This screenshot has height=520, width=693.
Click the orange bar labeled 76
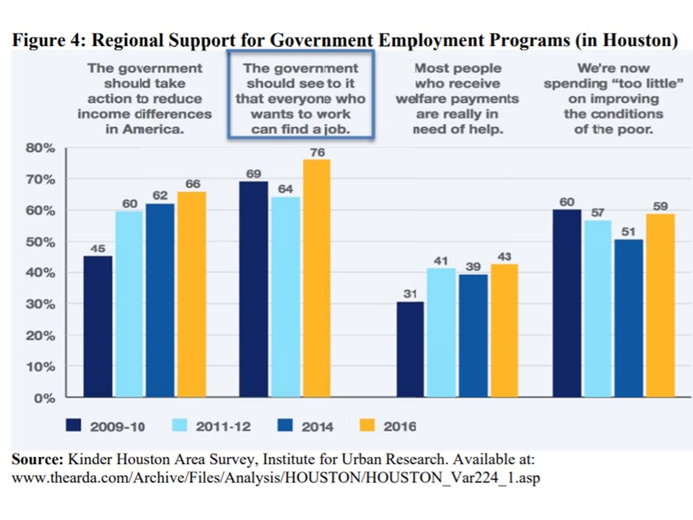click(316, 278)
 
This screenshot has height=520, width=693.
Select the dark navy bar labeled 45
click(97, 326)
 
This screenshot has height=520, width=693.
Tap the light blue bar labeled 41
click(441, 332)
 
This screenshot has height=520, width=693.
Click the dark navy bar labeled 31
click(410, 350)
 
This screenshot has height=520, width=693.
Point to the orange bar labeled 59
click(661, 305)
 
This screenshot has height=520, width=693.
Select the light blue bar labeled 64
click(286, 297)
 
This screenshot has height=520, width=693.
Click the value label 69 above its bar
click(253, 174)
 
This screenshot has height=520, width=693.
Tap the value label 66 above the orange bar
click(193, 183)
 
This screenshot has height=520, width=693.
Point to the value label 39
click(473, 266)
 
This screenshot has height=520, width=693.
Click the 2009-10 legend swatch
click(74, 425)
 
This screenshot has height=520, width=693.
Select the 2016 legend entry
click(387, 426)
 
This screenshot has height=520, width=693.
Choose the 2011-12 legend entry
click(212, 426)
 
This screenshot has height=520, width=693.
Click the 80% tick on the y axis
click(40, 148)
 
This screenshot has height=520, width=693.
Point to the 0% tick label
click(45, 399)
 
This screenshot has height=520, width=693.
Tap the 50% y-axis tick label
click(40, 242)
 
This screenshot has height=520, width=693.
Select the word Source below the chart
click(38, 459)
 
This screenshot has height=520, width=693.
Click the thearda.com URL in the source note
click(276, 478)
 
